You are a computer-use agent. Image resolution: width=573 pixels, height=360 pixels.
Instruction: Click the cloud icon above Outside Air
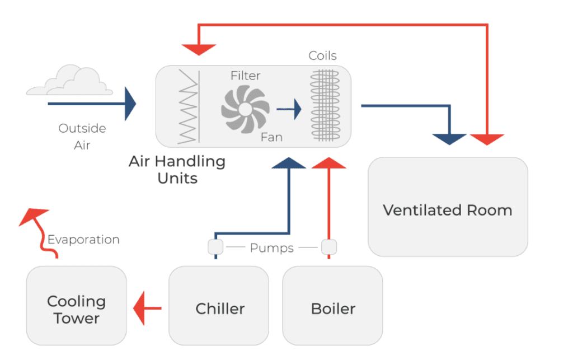[x=70, y=81]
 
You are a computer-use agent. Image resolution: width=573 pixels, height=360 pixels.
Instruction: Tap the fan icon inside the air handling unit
[x=245, y=109]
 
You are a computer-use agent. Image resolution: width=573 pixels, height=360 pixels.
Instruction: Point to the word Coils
[x=323, y=55]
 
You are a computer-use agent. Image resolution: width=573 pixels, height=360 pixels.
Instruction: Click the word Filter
[x=245, y=76]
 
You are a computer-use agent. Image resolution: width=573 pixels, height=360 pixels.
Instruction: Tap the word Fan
[x=271, y=137]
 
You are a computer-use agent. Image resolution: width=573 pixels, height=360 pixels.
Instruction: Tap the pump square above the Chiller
[x=215, y=246]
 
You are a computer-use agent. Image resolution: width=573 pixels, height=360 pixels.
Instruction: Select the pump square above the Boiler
[x=328, y=246]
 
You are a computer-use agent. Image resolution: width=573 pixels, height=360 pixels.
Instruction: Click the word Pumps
[x=272, y=247]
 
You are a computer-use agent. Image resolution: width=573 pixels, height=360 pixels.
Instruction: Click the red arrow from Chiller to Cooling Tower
[x=147, y=308]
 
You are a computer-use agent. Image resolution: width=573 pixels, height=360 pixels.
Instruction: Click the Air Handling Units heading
[x=177, y=170]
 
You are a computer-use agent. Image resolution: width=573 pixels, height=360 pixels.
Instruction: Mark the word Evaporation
[x=83, y=240]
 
